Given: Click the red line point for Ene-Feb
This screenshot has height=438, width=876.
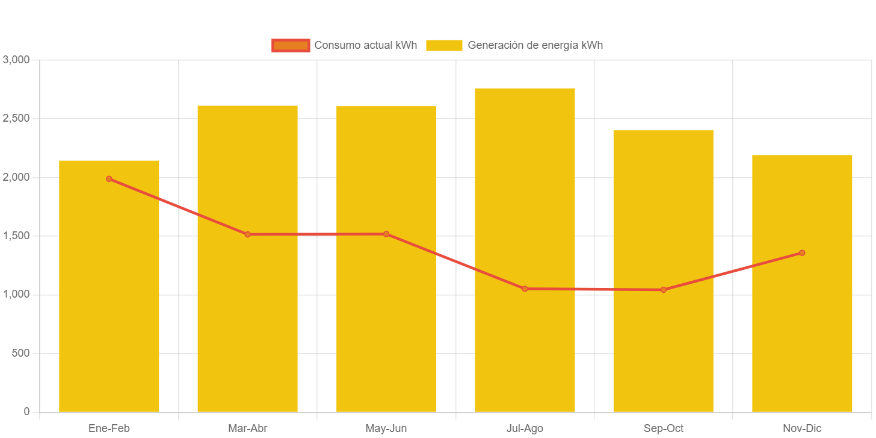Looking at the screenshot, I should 109,179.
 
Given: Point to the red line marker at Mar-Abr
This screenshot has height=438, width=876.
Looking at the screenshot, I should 247,234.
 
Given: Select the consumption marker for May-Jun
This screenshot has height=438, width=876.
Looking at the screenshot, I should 386,234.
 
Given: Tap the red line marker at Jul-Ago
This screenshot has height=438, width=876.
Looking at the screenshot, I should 525,289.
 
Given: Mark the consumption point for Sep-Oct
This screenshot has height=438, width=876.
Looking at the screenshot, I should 663,290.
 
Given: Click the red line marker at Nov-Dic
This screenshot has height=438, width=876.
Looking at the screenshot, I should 802,253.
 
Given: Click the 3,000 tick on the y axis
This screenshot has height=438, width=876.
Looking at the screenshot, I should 16,60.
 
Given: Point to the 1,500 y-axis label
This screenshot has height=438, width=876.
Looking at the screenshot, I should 16,236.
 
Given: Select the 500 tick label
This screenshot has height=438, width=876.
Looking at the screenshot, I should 20,352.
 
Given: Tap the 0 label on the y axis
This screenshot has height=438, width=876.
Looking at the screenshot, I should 26,411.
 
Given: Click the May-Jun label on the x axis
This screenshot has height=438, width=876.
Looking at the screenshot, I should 386,428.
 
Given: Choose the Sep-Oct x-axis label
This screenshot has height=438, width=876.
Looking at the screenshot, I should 663,428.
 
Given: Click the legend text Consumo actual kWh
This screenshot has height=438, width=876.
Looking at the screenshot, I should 365,45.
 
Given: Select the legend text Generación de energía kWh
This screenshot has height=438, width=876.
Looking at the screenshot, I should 535,45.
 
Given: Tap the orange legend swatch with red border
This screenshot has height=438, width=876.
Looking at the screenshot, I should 291,45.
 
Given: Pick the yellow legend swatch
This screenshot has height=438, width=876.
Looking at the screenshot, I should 444,45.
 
